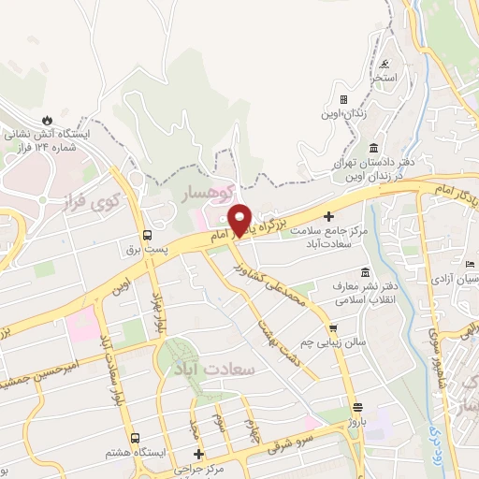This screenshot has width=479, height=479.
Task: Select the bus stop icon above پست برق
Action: (x=146, y=235)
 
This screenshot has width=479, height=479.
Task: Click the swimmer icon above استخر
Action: (x=387, y=65)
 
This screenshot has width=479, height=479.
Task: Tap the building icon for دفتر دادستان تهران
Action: (x=373, y=149)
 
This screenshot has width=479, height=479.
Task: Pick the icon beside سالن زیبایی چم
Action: (x=333, y=327)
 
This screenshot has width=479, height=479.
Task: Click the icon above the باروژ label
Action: (x=357, y=407)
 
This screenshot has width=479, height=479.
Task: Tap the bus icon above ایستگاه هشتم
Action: (x=135, y=437)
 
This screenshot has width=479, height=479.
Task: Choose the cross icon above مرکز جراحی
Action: (x=196, y=454)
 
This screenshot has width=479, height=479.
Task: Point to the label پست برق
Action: (x=146, y=251)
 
